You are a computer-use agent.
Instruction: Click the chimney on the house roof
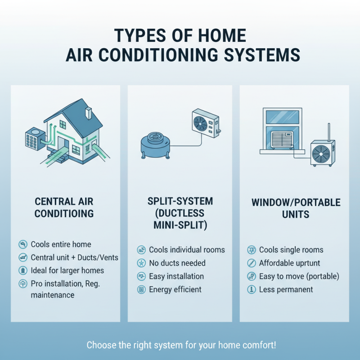(88, 112)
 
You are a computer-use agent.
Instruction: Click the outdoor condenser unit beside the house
(34, 138)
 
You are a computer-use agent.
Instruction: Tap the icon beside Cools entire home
(22, 245)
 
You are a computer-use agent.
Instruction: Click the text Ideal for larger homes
(67, 270)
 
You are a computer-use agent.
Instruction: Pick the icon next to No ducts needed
(141, 263)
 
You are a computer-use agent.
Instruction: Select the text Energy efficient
(175, 289)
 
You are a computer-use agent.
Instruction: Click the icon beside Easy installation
(141, 276)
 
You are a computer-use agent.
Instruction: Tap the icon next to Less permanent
(252, 289)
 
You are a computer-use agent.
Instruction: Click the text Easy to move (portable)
(299, 276)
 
